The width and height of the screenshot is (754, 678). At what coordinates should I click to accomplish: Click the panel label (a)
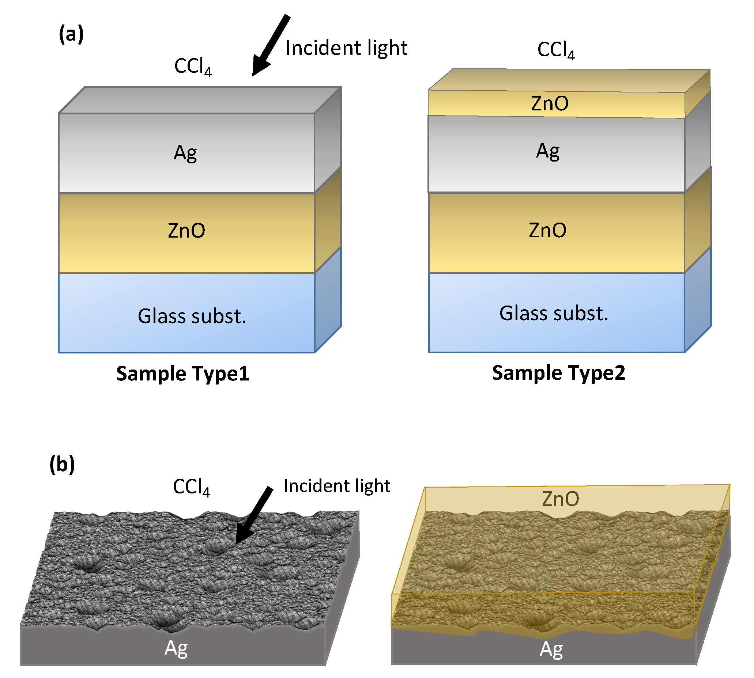point(71,34)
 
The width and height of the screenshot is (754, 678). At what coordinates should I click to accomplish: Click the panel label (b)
point(62,464)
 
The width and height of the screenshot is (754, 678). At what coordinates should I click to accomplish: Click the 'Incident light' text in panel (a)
point(346,48)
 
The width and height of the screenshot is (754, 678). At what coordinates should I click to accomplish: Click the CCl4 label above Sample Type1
point(192,66)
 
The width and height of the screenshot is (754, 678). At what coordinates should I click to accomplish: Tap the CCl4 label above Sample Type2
point(555,50)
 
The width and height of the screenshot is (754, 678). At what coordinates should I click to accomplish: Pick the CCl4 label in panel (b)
point(191,487)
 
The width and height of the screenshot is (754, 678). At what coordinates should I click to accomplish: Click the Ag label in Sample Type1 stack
point(185,153)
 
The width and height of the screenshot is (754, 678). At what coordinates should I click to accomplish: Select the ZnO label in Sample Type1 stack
point(186,231)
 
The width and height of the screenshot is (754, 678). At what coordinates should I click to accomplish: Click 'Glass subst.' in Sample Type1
point(192,316)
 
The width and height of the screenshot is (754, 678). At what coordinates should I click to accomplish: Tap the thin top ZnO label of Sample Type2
point(549,103)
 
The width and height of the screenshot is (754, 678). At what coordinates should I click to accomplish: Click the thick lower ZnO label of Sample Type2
point(547,230)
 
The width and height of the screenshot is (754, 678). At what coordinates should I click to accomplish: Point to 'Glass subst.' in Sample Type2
point(554,313)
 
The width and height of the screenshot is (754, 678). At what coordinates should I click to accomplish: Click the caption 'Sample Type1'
point(182,374)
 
